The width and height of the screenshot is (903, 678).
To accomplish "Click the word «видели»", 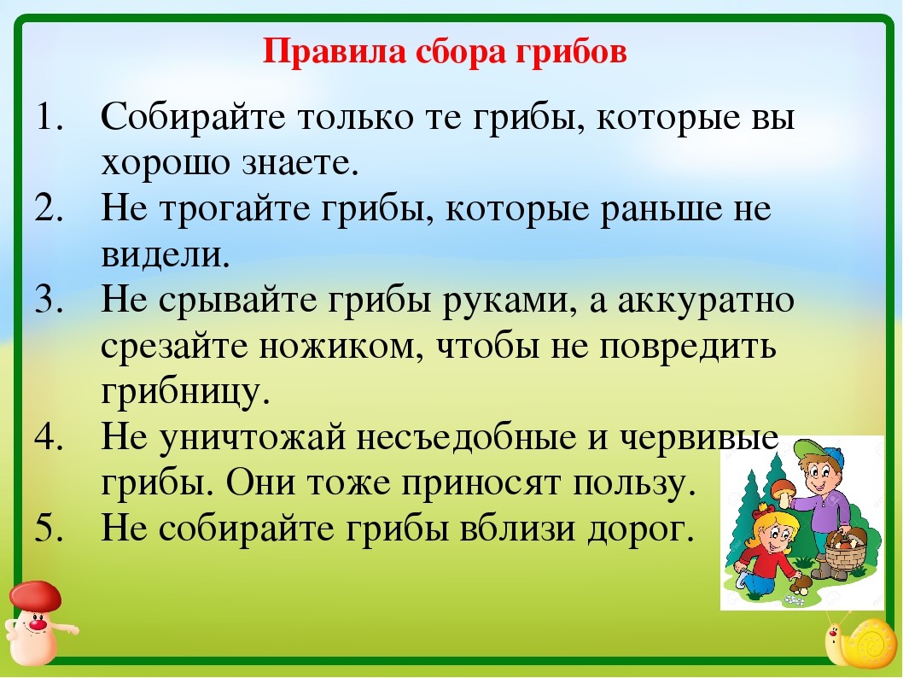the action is click(x=164, y=254).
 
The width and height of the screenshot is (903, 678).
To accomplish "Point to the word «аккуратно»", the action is click(x=706, y=300).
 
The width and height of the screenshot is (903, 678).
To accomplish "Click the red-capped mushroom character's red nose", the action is click(x=38, y=623).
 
